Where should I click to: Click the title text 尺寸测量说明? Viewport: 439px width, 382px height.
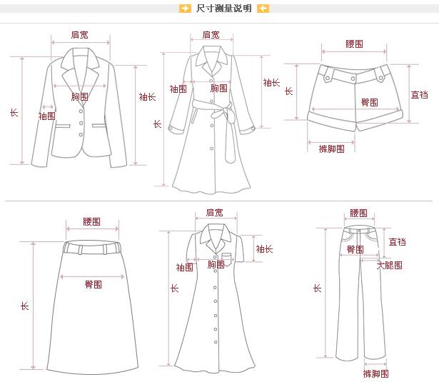click(223, 9)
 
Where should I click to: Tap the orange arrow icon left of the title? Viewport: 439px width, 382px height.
click(185, 9)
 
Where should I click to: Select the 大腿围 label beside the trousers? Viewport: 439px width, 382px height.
click(390, 265)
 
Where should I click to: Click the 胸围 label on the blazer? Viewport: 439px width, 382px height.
click(81, 96)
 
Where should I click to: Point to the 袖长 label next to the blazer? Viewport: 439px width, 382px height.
click(147, 96)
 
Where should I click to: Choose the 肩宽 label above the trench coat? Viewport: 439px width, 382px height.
click(211, 34)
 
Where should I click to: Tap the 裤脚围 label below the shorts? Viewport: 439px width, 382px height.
click(331, 149)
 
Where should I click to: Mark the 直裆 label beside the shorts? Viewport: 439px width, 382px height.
click(419, 94)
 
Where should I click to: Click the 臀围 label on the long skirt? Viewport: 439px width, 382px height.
click(94, 284)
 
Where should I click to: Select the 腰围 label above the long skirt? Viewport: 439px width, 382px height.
click(92, 222)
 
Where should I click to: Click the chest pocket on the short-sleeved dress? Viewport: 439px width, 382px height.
click(227, 257)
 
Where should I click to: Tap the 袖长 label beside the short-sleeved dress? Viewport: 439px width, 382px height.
click(264, 249)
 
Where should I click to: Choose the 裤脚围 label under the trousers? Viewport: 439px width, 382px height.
click(375, 373)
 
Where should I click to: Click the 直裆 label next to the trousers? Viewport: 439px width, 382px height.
click(398, 242)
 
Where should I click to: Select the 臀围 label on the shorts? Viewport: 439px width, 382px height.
click(369, 102)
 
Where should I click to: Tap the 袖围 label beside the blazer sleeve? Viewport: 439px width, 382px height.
click(46, 116)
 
